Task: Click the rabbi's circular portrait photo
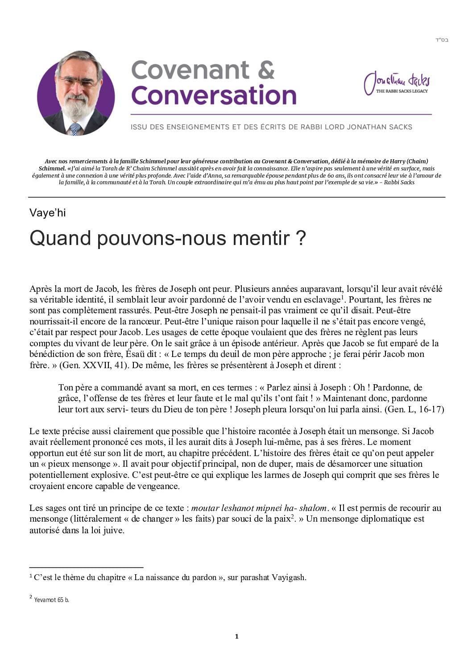coord(76,93)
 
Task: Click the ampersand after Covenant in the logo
coord(266,70)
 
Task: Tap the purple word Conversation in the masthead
coord(214,95)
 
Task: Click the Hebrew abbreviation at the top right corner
coord(442,40)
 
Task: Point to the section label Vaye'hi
coord(48,213)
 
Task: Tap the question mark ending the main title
coord(301,238)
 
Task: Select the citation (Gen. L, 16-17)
coord(414,409)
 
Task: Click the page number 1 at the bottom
coord(236,636)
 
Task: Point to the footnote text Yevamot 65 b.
coord(51,600)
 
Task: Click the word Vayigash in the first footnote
coord(289,577)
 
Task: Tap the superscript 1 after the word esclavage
coord(342,297)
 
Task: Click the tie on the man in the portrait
coord(75,129)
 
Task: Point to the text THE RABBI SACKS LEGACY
coord(402,91)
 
